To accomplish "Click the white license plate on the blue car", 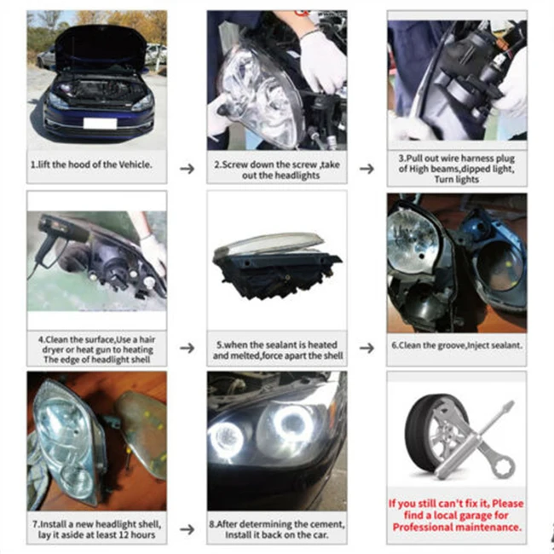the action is coord(100,124).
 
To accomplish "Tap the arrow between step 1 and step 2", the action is coord(188,169).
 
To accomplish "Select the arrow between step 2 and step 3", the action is coord(367,169).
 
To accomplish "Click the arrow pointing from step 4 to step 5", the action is coord(188,348).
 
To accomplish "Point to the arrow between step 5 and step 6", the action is coord(367,348).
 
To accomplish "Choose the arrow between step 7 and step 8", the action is coord(188,529).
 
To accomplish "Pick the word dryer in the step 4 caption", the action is coord(53,349).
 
